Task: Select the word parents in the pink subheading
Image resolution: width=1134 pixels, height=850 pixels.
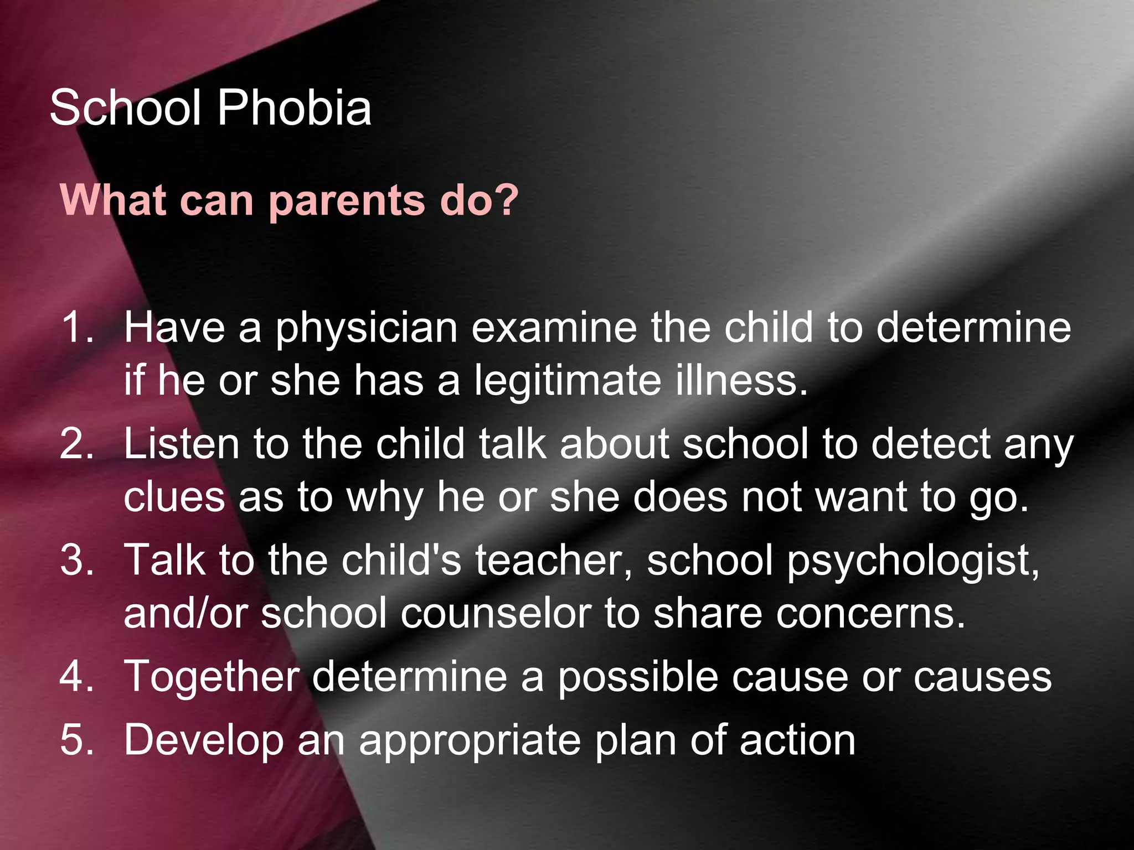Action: coord(347,200)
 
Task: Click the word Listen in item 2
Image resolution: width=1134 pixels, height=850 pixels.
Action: coord(181,444)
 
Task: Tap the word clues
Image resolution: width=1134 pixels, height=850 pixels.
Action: coord(174,497)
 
